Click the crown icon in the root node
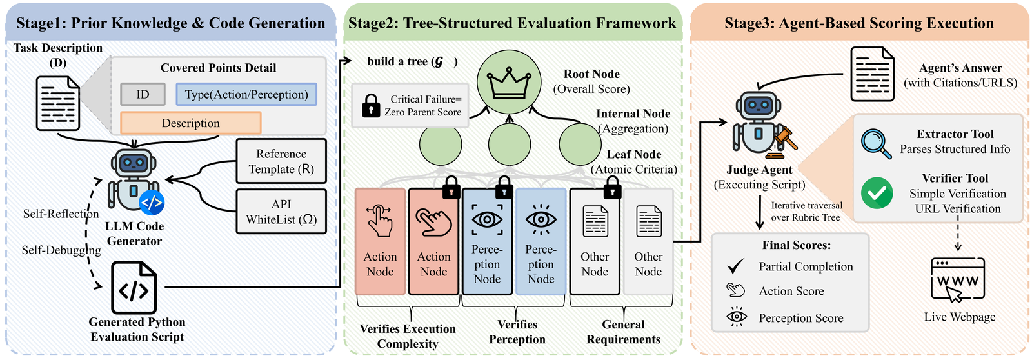(509, 84)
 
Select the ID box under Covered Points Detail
(143, 94)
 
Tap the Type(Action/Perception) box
(246, 94)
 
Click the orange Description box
(191, 123)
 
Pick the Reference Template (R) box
(281, 161)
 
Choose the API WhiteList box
(281, 212)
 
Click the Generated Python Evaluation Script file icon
(134, 288)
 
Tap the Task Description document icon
(58, 103)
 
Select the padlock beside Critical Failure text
(371, 106)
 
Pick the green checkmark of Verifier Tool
(877, 193)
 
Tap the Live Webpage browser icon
(957, 280)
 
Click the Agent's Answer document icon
(872, 74)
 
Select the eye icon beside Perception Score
(737, 317)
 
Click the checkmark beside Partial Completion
(736, 266)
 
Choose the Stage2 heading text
(512, 23)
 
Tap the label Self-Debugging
(61, 250)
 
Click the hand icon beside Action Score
(735, 290)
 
